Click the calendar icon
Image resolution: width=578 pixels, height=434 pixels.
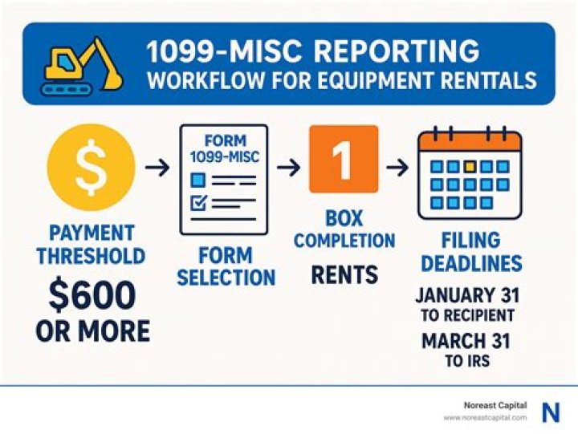click(470, 174)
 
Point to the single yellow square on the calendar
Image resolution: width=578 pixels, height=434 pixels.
click(470, 167)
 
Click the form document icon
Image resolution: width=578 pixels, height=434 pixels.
click(224, 179)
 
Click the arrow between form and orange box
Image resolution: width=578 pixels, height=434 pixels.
click(290, 168)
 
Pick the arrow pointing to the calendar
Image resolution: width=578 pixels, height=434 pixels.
click(396, 168)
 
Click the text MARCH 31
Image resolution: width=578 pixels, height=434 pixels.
click(467, 341)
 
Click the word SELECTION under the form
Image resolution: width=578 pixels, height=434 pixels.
click(226, 278)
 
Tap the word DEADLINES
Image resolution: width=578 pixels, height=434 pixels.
click(471, 263)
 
